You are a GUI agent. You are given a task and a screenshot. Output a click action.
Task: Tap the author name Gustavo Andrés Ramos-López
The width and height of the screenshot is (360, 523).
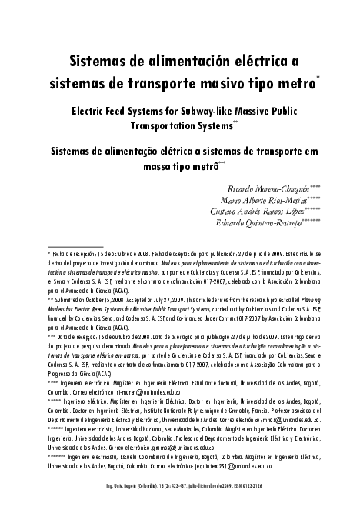[262, 212]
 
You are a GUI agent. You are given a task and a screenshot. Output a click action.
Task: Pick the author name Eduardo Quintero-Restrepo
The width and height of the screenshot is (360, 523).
[268, 223]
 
